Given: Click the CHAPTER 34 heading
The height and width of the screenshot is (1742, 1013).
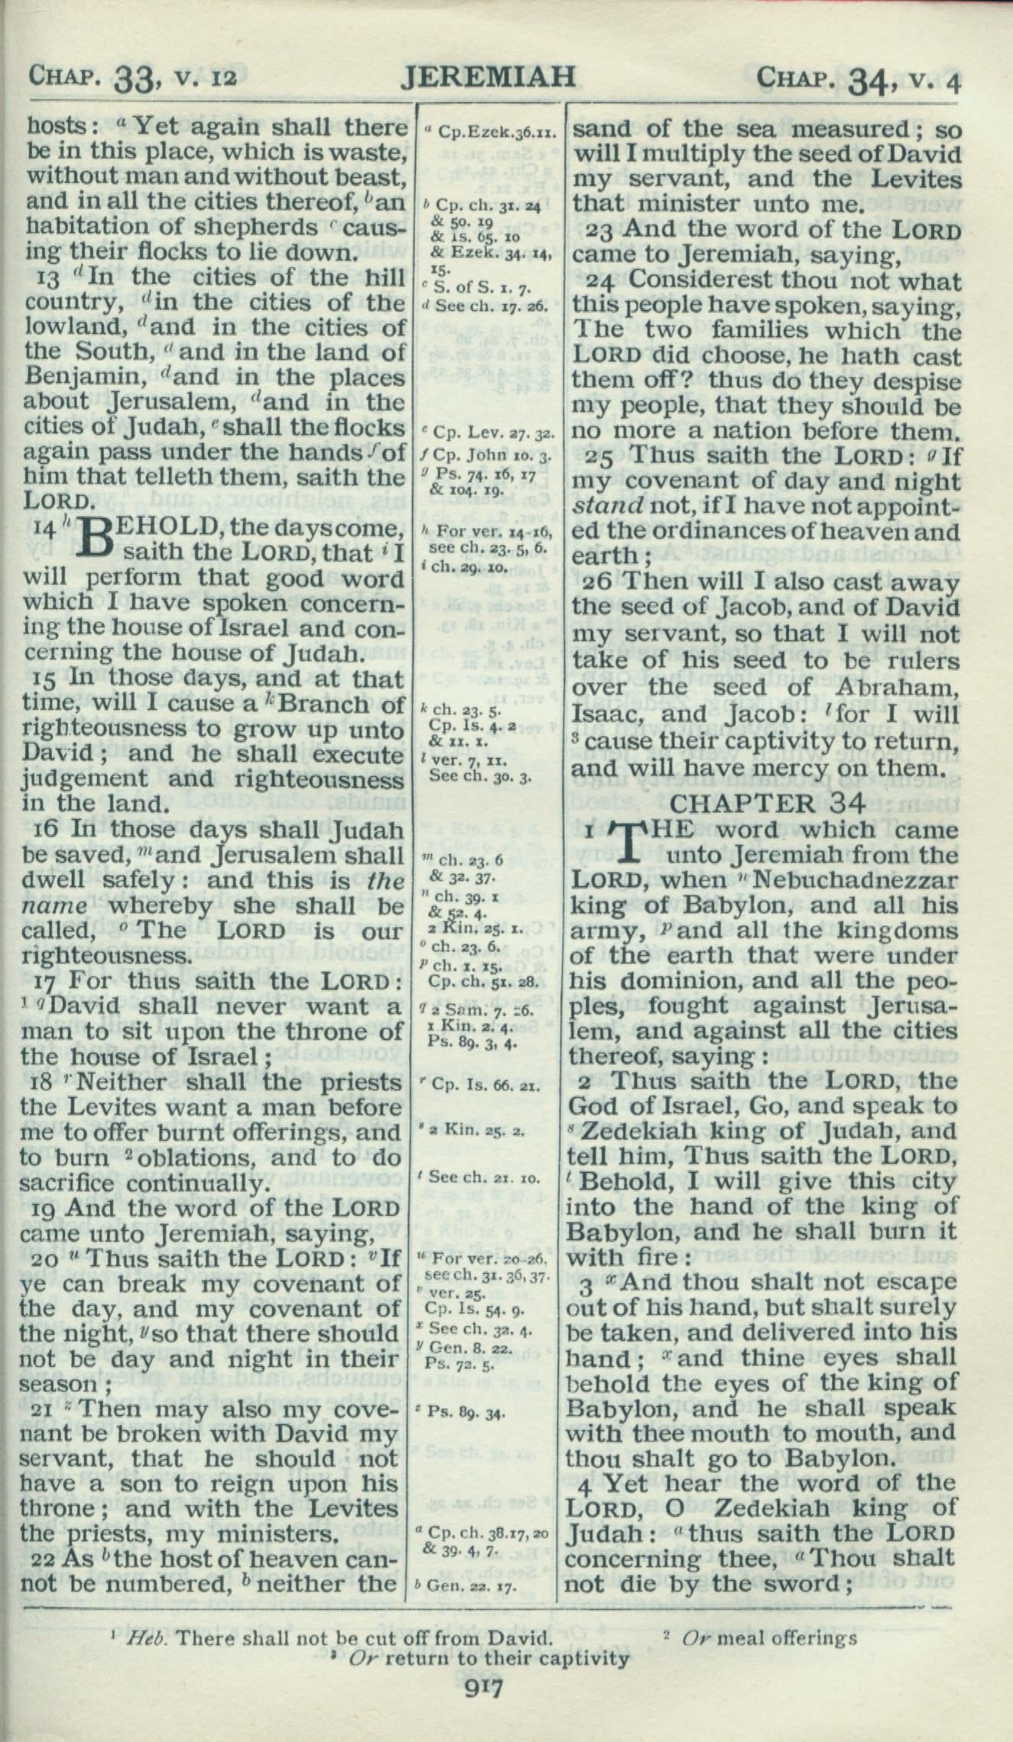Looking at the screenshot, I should (x=768, y=804).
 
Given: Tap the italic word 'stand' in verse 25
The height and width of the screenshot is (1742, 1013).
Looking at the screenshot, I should (x=599, y=507).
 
